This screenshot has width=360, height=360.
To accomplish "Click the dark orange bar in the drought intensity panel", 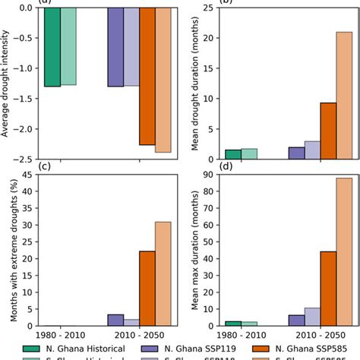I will click(147, 76).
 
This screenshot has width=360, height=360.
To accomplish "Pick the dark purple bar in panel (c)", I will click(115, 320).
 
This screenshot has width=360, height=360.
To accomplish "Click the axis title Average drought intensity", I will click(6, 84).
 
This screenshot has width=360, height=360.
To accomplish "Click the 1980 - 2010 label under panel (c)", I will click(60, 335).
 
